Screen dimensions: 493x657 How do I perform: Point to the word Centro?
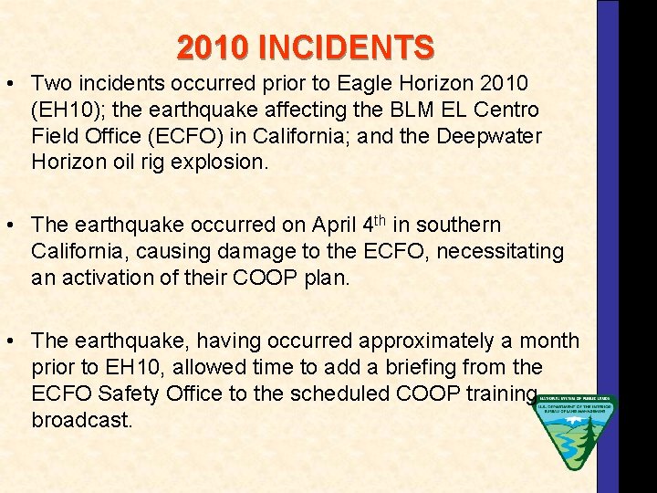(x=505, y=110)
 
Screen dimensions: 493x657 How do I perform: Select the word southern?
(x=464, y=225)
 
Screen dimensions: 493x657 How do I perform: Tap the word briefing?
(x=431, y=367)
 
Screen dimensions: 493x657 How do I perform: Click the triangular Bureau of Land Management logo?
(x=575, y=430)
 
